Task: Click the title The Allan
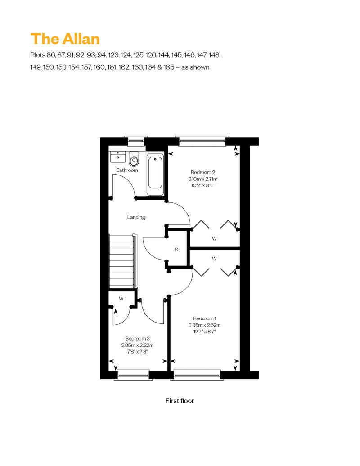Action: tap(65, 39)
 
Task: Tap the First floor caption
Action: tap(180, 401)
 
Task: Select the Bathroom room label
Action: tap(127, 170)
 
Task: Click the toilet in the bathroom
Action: tap(134, 159)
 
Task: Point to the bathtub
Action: tap(155, 174)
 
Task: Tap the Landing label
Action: tap(136, 217)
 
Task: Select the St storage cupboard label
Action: tap(177, 250)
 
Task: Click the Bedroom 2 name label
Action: tap(203, 172)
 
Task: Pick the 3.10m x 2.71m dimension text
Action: tap(203, 179)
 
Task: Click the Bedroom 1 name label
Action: tap(205, 318)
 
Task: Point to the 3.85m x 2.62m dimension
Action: tap(205, 325)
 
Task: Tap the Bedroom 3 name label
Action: tap(137, 339)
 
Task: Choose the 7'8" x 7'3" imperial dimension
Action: tap(137, 352)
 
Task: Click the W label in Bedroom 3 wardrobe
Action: tap(121, 299)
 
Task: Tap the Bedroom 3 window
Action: tap(131, 375)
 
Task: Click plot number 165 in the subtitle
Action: tap(169, 67)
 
